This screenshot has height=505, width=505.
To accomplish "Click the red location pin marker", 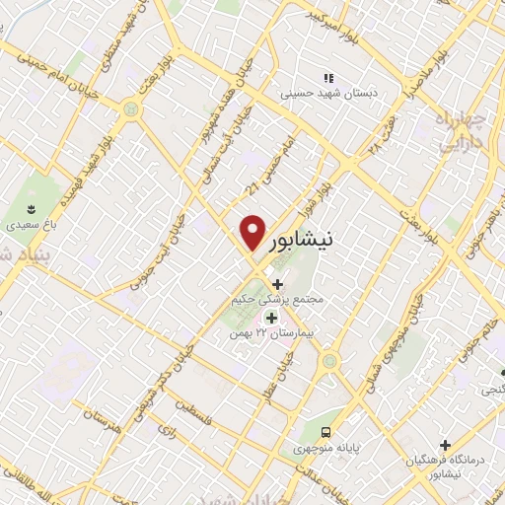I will click(x=252, y=233).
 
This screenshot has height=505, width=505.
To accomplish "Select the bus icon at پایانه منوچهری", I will click(x=325, y=431).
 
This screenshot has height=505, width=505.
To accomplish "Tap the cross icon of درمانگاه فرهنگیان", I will click(x=446, y=445).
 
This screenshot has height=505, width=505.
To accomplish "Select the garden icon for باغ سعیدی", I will click(x=31, y=209).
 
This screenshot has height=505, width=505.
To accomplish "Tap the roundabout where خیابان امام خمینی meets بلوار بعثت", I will click(x=132, y=109).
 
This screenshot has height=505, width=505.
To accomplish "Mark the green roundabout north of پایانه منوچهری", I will click(x=329, y=362).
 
